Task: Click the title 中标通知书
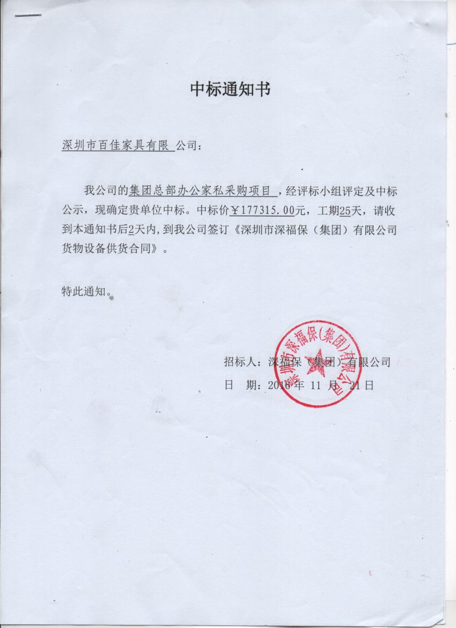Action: tap(231, 89)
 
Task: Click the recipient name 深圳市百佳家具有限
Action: tap(116, 145)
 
